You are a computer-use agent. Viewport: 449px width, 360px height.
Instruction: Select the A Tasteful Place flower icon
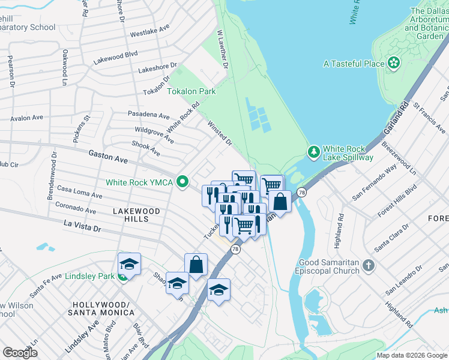(x=394, y=63)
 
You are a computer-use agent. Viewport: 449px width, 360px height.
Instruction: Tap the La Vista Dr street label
(x=83, y=226)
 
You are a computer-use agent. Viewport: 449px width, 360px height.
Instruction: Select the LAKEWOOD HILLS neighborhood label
(x=137, y=215)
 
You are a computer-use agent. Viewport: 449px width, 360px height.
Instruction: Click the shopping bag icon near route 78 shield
(x=280, y=202)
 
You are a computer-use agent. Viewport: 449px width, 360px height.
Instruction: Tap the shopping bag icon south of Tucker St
(x=196, y=265)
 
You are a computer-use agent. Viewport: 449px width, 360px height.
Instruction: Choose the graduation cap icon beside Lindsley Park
(x=129, y=265)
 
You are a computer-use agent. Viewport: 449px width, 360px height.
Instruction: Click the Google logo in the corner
(x=20, y=352)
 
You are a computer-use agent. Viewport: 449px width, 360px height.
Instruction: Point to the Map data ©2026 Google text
(x=412, y=355)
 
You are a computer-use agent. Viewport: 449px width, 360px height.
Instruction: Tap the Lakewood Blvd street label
(x=115, y=58)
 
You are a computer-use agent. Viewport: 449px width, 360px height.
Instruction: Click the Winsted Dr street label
(x=219, y=133)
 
